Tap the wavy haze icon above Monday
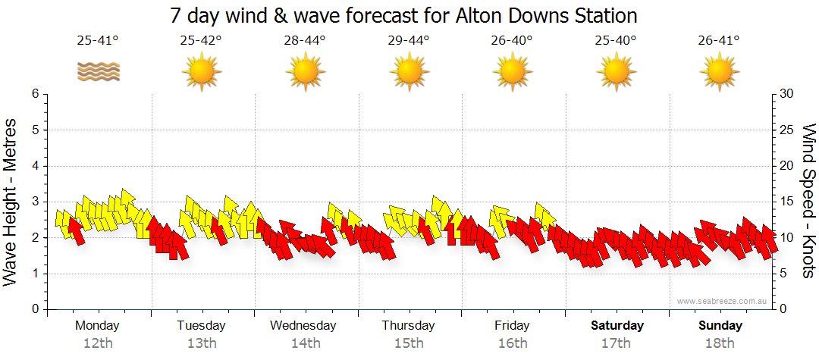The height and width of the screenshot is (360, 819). [x=98, y=72]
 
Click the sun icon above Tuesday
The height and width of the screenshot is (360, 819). [x=201, y=72]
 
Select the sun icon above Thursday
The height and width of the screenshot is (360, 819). [x=409, y=72]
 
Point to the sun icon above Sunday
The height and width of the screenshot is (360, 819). [x=719, y=72]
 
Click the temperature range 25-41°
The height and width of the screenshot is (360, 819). [x=98, y=40]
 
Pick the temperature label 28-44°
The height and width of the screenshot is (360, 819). [x=305, y=40]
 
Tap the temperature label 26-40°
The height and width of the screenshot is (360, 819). [x=512, y=40]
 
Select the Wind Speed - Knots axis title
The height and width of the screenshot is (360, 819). [x=808, y=201]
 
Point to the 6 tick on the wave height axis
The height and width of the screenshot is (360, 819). [x=34, y=94]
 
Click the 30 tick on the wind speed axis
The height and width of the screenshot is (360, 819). [x=788, y=94]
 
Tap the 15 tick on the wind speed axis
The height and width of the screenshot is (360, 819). [x=788, y=202]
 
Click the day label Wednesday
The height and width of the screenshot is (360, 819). [x=303, y=326]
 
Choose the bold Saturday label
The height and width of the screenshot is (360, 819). [x=617, y=326]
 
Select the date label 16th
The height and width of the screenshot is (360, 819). [x=513, y=343]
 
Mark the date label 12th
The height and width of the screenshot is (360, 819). [x=98, y=343]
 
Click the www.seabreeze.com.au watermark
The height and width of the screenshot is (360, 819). [x=722, y=302]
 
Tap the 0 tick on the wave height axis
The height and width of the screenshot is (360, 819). [x=34, y=309]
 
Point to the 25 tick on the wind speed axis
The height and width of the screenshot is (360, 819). [x=788, y=130]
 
